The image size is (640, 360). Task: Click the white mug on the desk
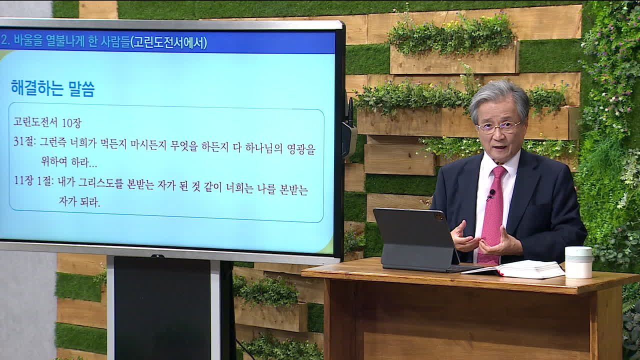(x=578, y=262)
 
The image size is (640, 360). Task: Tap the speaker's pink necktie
(x=492, y=214)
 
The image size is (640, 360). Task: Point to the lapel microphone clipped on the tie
(x=491, y=195)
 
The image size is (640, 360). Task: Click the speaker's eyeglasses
(x=498, y=127)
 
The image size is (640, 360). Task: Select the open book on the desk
(x=513, y=269)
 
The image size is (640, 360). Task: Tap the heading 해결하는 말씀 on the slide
(x=53, y=88)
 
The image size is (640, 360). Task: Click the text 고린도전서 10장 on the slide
(x=47, y=122)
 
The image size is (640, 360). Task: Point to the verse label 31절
(x=24, y=141)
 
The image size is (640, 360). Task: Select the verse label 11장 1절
(x=33, y=181)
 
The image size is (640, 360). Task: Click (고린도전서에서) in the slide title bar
(x=168, y=43)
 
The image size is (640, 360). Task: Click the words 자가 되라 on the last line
(x=79, y=201)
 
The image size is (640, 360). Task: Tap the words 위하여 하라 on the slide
(x=69, y=162)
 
